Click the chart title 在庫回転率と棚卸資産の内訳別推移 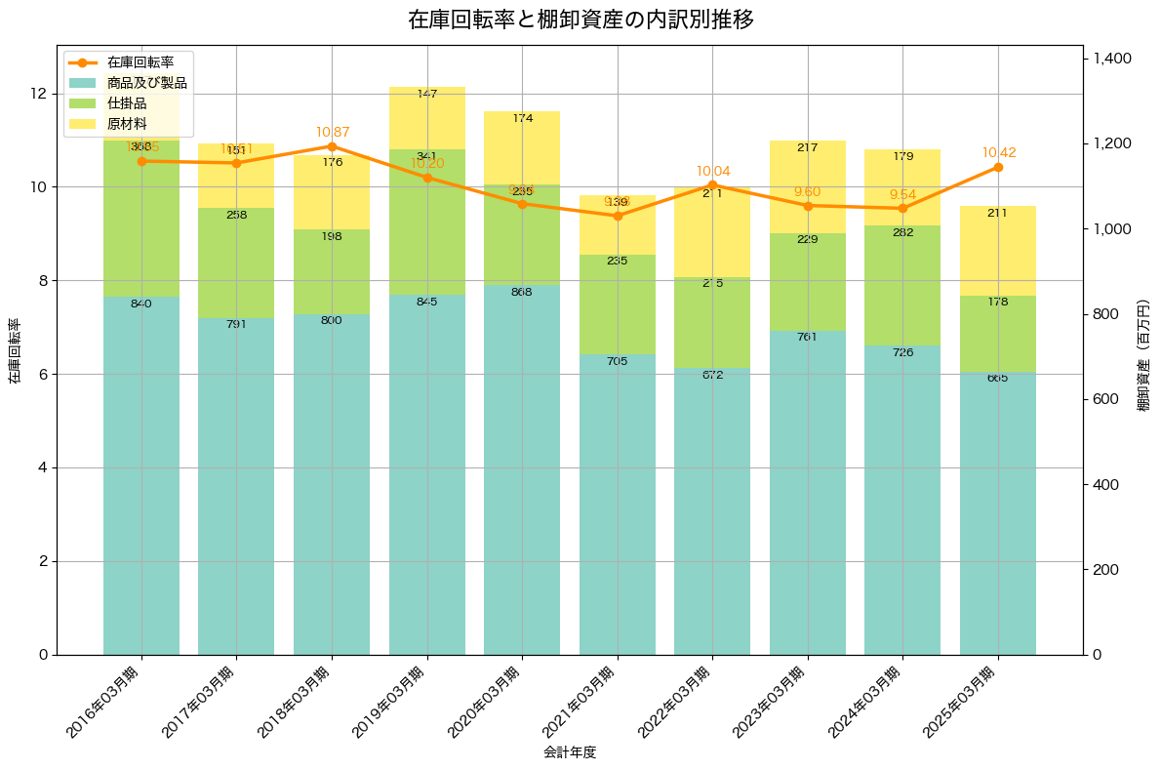point(580,20)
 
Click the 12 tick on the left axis point(39,94)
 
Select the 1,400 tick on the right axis point(1111,59)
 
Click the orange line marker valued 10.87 point(332,146)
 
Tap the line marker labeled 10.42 point(998,167)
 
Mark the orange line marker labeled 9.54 point(902,208)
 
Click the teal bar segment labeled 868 point(522,468)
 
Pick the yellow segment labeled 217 point(808,186)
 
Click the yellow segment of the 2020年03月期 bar point(522,147)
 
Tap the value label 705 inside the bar point(617,361)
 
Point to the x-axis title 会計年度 point(569,752)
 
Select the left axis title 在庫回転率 point(14,350)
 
